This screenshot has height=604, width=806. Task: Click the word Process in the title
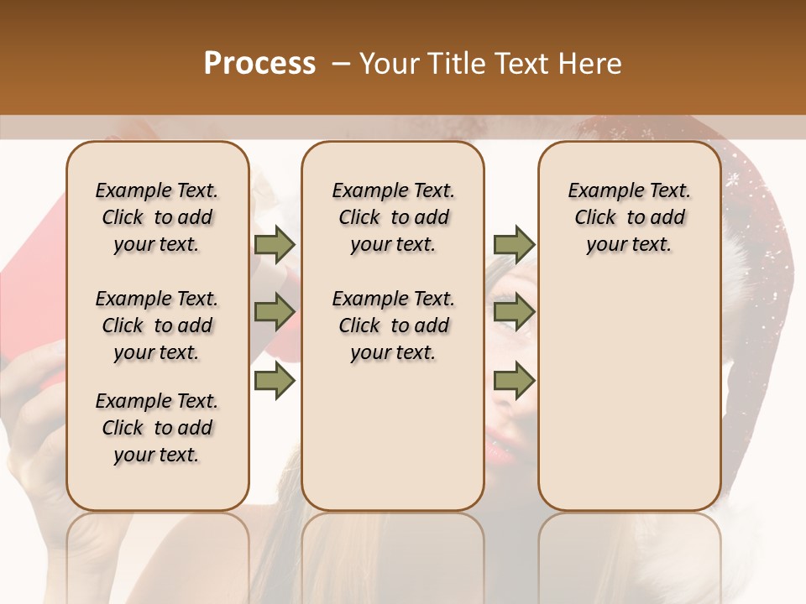point(259,64)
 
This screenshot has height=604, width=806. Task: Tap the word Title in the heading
point(453,64)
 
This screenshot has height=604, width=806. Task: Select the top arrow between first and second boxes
point(275,245)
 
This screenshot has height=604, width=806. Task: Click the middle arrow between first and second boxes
point(275,312)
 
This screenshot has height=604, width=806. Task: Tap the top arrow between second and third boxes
point(513,245)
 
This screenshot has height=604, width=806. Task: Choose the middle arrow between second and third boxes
point(513,312)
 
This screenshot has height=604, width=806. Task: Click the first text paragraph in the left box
point(157,217)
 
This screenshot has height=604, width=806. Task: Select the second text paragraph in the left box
point(157,325)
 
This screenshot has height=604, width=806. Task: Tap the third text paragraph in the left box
point(157,428)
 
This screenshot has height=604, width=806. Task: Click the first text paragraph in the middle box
point(394,217)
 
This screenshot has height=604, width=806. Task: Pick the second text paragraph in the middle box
point(394,325)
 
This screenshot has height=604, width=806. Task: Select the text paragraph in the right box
point(630,217)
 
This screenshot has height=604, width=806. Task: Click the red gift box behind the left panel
point(34,285)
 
